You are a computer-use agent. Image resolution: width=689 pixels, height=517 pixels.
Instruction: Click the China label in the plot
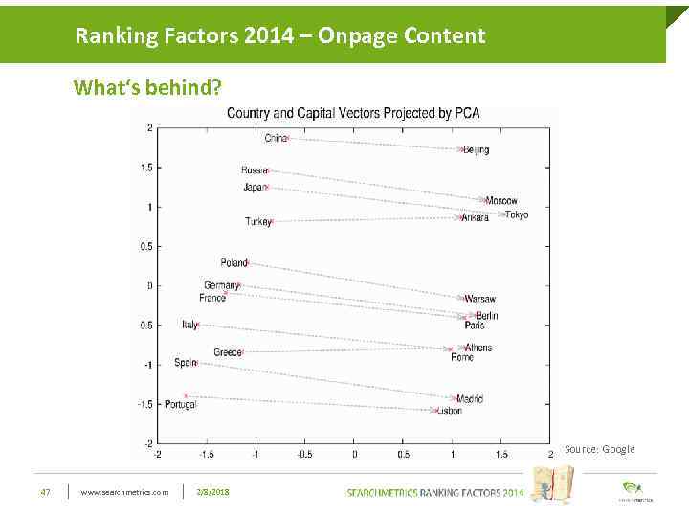(276, 138)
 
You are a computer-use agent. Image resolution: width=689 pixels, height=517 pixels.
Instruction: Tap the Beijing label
(476, 150)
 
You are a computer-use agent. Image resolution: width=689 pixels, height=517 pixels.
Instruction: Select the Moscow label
(501, 201)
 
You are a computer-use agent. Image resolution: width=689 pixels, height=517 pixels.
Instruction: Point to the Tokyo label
(517, 214)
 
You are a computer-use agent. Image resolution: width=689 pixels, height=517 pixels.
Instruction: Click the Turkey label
(258, 222)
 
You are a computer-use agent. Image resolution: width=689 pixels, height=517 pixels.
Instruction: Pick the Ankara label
(476, 218)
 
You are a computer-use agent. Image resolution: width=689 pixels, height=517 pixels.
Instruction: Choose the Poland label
(233, 262)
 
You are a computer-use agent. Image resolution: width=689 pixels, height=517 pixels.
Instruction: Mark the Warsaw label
(480, 299)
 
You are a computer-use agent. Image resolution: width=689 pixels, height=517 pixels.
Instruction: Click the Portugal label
(180, 405)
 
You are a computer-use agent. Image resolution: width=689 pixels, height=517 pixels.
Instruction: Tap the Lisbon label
(449, 411)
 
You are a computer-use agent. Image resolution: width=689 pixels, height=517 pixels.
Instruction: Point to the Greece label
(228, 352)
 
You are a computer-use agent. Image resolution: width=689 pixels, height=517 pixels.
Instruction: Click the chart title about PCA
(353, 113)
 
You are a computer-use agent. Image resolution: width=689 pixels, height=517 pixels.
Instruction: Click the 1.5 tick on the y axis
(145, 168)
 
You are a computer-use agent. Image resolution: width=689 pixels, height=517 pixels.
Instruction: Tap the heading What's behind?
(148, 88)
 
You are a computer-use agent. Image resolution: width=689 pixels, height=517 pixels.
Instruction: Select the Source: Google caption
(599, 449)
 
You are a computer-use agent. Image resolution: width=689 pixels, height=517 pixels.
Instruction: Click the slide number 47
(45, 492)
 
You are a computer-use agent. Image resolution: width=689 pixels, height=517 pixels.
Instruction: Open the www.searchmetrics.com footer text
(124, 492)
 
